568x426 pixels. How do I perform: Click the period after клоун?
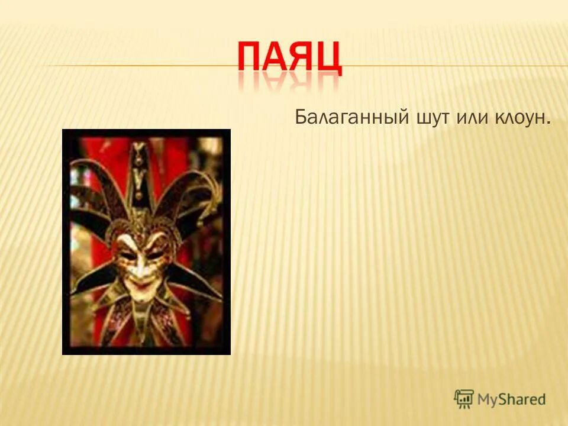click(x=550, y=122)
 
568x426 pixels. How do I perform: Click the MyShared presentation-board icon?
click(x=464, y=399)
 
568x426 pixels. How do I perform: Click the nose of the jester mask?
click(x=140, y=266)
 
